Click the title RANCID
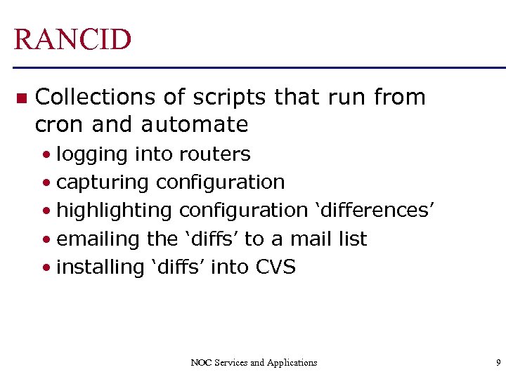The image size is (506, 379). (72, 39)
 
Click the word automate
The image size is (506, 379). (195, 125)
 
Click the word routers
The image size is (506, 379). (214, 154)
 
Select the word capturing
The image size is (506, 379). (103, 183)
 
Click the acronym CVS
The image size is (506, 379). (275, 267)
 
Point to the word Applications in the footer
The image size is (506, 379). (290, 363)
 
